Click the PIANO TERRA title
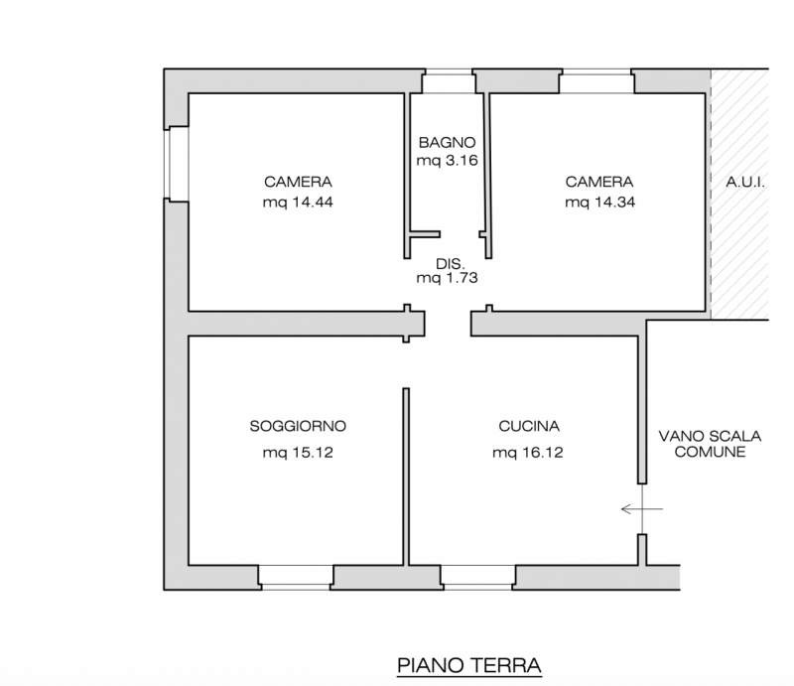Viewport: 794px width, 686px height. [x=468, y=664]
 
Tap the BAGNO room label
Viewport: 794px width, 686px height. [x=448, y=141]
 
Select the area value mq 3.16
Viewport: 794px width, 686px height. [x=448, y=160]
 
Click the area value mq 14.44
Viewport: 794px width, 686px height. [x=298, y=202]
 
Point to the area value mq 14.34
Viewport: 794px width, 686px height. [x=599, y=202]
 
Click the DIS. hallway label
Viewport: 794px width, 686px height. [x=449, y=263]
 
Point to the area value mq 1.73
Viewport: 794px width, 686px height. [x=448, y=279]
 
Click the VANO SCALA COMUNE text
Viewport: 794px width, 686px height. [x=709, y=443]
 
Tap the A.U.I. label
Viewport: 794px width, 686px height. [x=744, y=183]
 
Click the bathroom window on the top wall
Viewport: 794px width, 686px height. [x=448, y=81]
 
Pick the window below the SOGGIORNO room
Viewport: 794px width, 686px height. [x=296, y=577]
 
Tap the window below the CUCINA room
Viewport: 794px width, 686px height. [x=477, y=577]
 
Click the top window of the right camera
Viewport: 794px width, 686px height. [x=595, y=81]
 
